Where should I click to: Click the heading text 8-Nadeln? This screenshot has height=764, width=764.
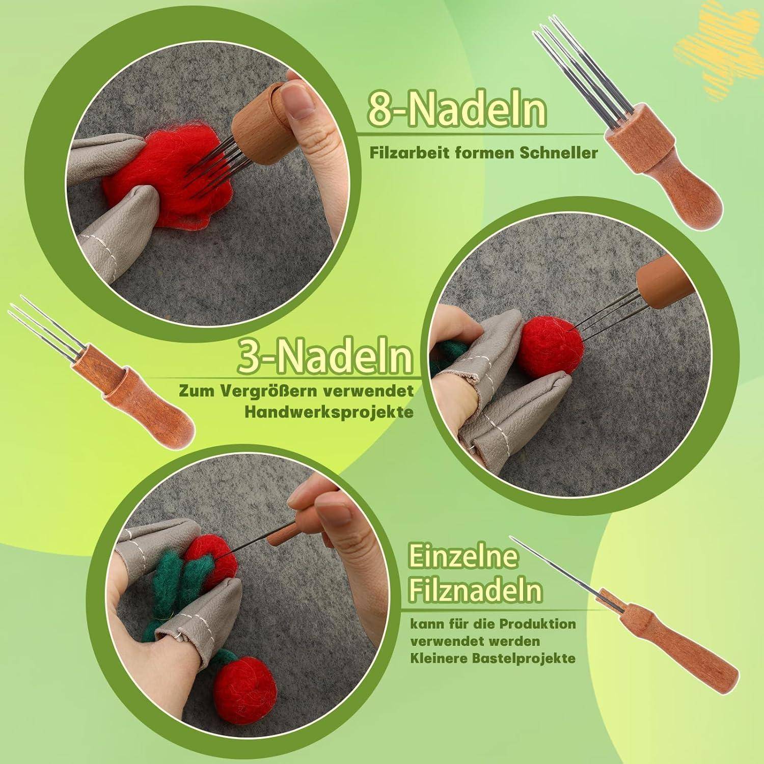(457, 110)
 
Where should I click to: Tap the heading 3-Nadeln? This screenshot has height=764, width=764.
(325, 358)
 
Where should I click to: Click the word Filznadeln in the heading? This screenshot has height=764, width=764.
(475, 591)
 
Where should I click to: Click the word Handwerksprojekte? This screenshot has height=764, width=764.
(329, 412)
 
